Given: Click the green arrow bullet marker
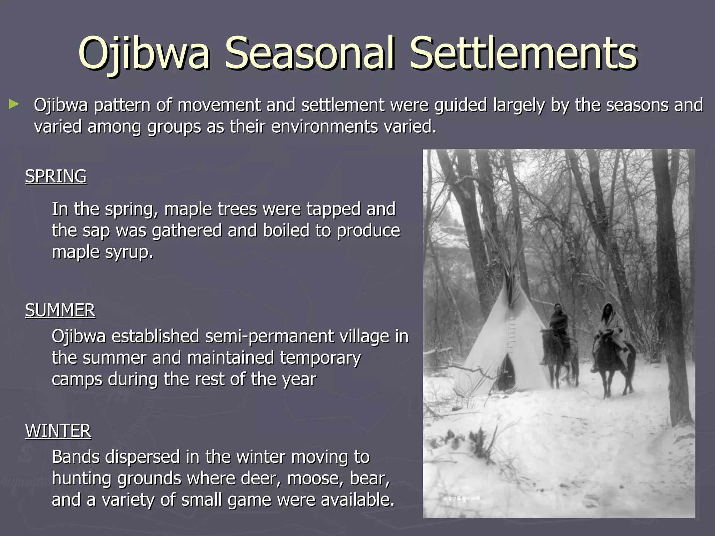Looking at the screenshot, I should (14, 104).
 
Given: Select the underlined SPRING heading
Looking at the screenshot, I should (56, 177).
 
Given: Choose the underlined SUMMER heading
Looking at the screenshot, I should (60, 310).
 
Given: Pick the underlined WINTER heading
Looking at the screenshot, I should (58, 431).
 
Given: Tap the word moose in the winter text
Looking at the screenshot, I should (311, 478).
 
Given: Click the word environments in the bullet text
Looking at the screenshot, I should (324, 127).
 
